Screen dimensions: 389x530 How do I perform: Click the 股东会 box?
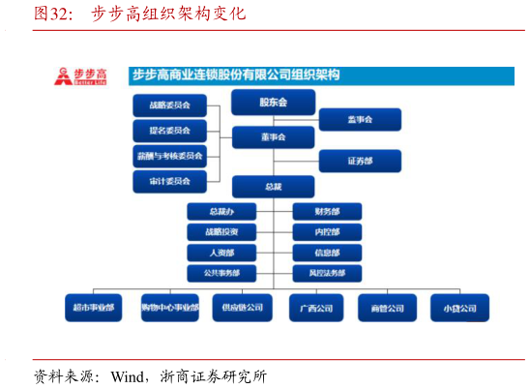(273, 102)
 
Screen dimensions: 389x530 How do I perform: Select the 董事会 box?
(273, 137)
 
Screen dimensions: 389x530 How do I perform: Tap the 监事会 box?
(360, 119)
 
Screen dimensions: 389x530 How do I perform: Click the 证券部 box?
(360, 161)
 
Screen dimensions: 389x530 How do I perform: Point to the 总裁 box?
(273, 186)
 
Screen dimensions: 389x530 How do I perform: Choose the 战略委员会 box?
(169, 105)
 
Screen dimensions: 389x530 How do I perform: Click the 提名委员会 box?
(169, 131)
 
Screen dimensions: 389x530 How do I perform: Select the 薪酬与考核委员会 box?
(169, 156)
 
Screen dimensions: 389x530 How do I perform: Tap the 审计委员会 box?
(169, 181)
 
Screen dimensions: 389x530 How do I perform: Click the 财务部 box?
(327, 211)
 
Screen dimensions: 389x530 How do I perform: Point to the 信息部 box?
(327, 253)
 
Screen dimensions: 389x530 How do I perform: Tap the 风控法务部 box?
(327, 273)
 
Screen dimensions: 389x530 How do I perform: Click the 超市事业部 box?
(93, 308)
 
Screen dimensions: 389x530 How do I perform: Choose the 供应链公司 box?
(242, 308)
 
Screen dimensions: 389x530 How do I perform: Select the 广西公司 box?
(315, 308)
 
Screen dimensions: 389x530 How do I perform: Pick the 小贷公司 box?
(459, 308)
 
